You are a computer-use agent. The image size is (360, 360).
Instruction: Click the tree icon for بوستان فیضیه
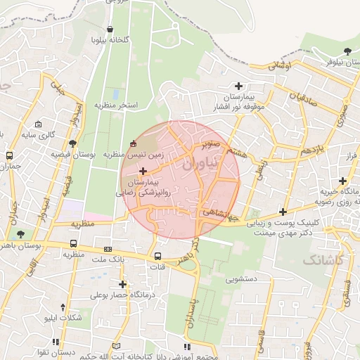coord(73,143)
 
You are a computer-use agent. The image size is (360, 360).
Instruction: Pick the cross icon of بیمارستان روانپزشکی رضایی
coord(143,171)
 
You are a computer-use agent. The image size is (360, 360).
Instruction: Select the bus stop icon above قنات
coord(157,256)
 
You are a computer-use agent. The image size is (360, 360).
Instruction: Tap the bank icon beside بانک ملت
coord(108,249)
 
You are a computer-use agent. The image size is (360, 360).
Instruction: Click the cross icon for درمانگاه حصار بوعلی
coord(123,284)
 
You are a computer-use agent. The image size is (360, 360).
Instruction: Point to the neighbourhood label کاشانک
coord(323,259)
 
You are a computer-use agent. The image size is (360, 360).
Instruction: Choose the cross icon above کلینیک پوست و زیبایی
coord(283,212)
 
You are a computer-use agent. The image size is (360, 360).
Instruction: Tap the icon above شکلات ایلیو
coord(64,307)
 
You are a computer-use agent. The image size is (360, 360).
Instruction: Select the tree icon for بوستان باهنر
coord(20,234)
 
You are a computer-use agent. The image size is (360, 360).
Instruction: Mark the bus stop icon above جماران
coord(10,155)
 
